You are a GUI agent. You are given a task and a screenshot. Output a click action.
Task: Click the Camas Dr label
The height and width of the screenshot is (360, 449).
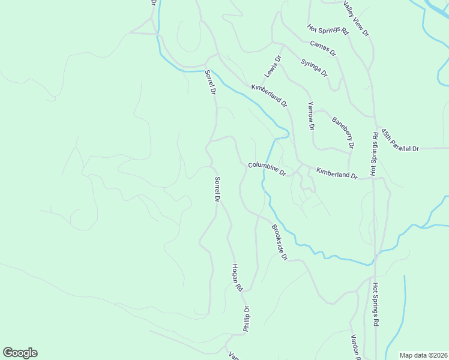[323, 48]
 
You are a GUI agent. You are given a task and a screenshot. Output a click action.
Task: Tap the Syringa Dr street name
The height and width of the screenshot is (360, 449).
[315, 68]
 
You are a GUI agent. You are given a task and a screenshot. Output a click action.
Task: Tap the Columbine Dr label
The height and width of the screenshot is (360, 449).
[267, 169]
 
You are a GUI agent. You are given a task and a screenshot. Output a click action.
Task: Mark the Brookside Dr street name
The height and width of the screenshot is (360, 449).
[280, 242]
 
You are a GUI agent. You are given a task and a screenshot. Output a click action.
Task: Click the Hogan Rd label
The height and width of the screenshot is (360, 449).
[237, 278]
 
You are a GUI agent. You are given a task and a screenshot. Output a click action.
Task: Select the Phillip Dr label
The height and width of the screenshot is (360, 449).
[246, 319]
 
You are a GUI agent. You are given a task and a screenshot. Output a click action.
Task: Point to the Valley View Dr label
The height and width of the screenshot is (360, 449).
[356, 19]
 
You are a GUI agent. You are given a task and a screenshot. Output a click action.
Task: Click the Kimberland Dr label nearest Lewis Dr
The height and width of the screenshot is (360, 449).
[269, 95]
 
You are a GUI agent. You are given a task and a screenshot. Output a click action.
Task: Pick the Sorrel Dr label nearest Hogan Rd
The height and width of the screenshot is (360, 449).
[218, 188]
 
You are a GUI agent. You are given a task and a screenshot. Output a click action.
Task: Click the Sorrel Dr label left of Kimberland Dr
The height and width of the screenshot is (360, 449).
[209, 83]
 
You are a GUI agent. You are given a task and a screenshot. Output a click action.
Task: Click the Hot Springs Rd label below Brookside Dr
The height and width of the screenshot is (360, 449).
[375, 304]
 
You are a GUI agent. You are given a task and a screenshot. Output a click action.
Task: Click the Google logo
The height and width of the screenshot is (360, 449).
[20, 353]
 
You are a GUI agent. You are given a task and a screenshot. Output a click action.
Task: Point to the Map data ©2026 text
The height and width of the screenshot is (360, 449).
[423, 355]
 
